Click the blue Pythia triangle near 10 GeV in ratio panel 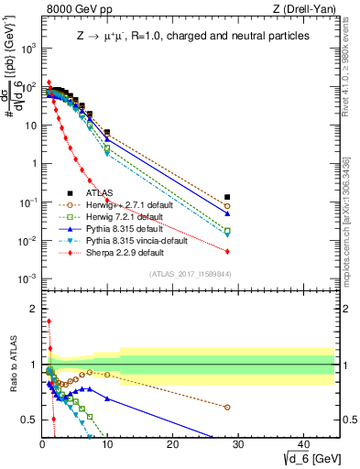pyautogui.click(x=107, y=398)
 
